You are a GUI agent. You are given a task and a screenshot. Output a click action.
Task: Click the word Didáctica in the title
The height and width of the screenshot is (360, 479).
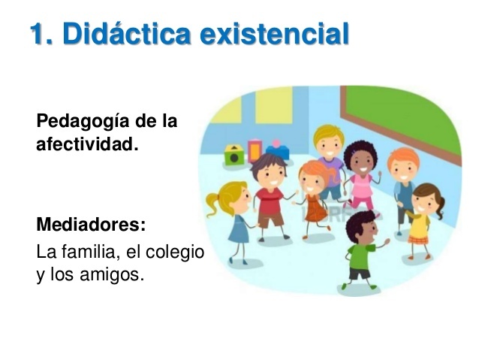122,35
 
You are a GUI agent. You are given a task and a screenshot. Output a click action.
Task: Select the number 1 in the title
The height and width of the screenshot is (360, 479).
38,35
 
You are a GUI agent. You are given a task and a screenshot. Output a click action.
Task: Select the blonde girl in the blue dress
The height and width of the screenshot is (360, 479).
236,218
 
